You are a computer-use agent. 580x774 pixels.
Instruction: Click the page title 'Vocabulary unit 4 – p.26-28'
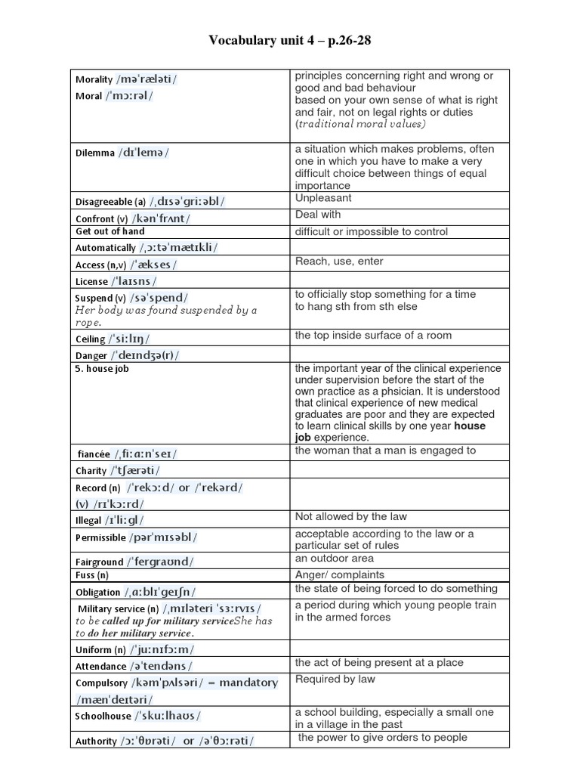[x=290, y=41]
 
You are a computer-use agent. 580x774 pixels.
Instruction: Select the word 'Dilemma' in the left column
[x=94, y=153]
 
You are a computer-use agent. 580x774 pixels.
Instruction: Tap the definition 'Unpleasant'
[x=323, y=198]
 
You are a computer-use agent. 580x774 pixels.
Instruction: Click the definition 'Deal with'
[x=318, y=215]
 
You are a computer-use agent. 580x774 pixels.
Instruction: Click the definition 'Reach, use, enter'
[x=339, y=262]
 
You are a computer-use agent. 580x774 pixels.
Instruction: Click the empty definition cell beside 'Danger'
[x=400, y=354]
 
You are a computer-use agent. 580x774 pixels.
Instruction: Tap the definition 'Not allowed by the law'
[x=350, y=516]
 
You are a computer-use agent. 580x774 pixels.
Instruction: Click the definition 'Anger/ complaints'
[x=339, y=574]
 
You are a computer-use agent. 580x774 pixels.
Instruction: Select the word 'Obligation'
[x=98, y=593]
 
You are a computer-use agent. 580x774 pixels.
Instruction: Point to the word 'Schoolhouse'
[x=103, y=717]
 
